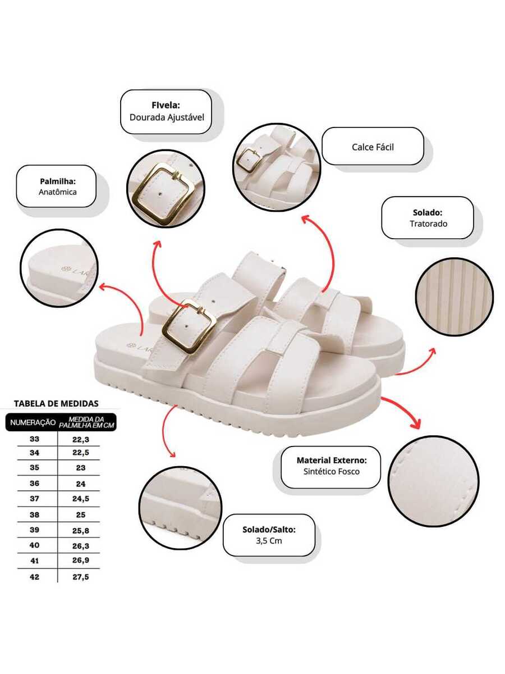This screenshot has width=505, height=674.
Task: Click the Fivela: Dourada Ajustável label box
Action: [166, 112]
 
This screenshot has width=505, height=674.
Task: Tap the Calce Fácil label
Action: [373, 147]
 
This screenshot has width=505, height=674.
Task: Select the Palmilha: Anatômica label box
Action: [56, 186]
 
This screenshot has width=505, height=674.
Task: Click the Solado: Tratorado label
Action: [428, 218]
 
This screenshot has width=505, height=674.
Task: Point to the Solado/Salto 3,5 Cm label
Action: [269, 535]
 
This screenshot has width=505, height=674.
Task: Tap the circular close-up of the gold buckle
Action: [161, 188]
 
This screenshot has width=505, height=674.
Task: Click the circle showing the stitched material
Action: [433, 481]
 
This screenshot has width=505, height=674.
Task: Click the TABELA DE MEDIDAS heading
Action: [56, 403]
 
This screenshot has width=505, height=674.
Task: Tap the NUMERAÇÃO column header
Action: [31, 422]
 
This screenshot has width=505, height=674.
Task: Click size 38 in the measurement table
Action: [34, 514]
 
